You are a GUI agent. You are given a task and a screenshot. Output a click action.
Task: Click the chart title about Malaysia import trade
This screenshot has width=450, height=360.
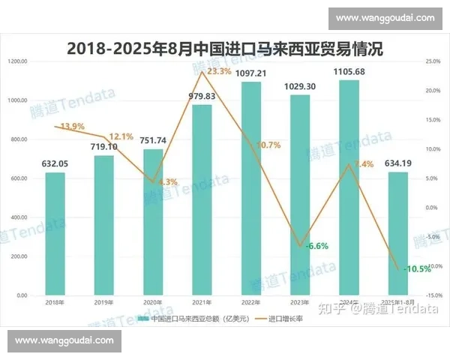[225, 48]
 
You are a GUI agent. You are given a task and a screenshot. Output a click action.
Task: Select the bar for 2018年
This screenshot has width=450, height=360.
[55, 234]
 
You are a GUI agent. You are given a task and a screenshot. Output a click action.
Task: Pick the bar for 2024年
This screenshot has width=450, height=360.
[348, 187]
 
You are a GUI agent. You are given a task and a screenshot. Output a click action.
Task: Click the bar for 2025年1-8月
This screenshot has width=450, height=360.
[397, 234]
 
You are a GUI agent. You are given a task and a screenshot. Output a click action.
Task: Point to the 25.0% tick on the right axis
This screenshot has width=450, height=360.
[431, 61]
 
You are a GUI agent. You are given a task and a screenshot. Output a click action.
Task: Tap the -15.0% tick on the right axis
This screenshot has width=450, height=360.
[431, 295]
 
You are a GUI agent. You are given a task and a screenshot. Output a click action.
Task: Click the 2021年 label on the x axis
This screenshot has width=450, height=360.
[202, 301]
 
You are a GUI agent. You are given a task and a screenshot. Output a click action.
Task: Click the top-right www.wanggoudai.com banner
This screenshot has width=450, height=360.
[385, 16]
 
